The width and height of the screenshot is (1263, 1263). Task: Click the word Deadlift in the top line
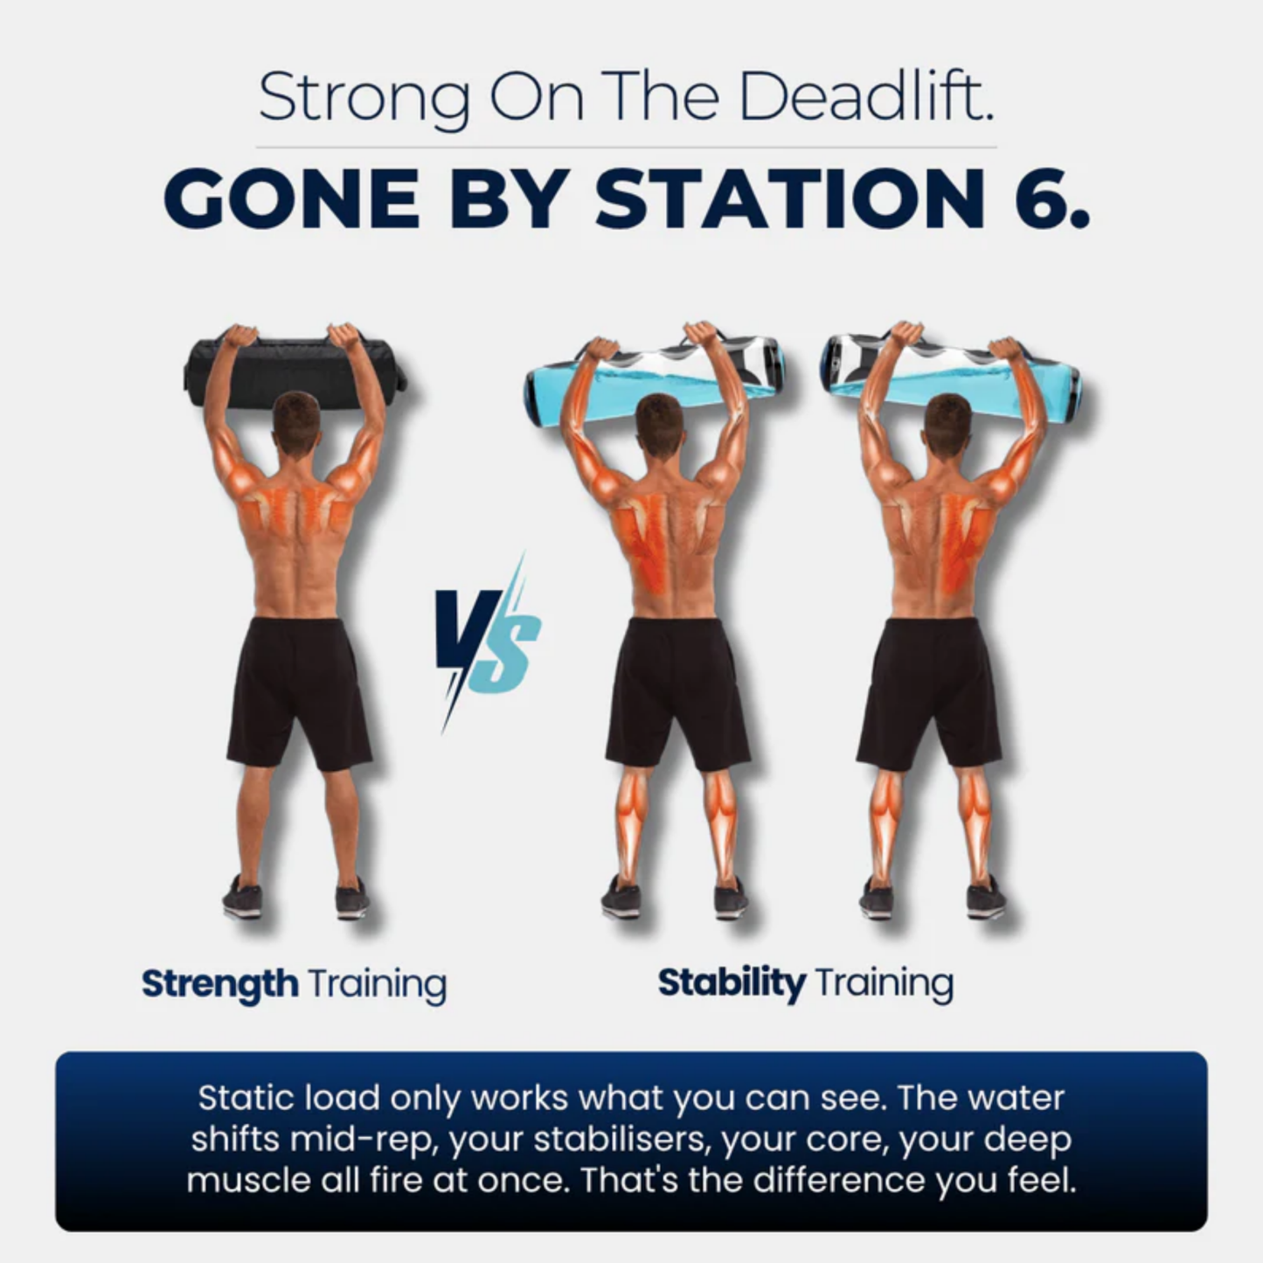[865, 95]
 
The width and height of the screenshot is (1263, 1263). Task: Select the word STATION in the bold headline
[791, 199]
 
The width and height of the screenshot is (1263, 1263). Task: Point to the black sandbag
[295, 371]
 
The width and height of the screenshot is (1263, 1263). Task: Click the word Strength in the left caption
[219, 983]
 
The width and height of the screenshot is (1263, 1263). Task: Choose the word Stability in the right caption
[731, 982]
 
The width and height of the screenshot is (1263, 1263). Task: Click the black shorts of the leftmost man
[300, 690]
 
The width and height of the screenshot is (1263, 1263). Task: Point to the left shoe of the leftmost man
[242, 898]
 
